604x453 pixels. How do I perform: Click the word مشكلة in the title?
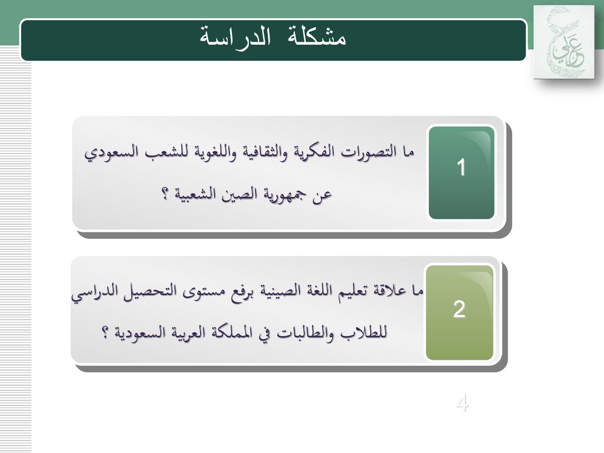[311, 37]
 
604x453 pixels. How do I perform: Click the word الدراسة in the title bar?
[236, 37]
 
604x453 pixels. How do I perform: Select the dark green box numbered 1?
[461, 172]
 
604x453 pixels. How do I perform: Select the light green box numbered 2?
[459, 313]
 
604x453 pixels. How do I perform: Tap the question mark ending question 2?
[104, 333]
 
